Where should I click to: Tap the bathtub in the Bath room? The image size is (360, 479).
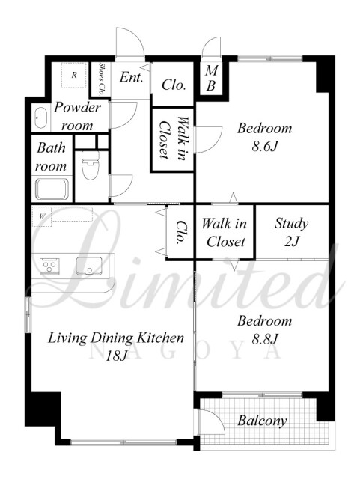(52, 189)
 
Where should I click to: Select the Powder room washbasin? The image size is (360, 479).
(40, 118)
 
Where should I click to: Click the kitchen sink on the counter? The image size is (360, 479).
(89, 266)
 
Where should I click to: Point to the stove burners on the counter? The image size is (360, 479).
(49, 266)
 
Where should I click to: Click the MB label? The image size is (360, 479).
(211, 78)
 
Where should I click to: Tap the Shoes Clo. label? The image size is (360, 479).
(102, 79)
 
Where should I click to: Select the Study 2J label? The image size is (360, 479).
(291, 232)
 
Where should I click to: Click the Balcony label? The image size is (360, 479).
(262, 421)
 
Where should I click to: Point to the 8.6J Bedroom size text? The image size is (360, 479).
(265, 147)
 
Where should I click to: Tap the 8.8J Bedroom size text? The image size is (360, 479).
(265, 338)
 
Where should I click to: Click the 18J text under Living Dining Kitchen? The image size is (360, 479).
(116, 356)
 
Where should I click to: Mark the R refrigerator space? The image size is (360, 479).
(74, 75)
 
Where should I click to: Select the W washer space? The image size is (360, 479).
(42, 216)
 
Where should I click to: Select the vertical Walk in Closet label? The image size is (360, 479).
(173, 138)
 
